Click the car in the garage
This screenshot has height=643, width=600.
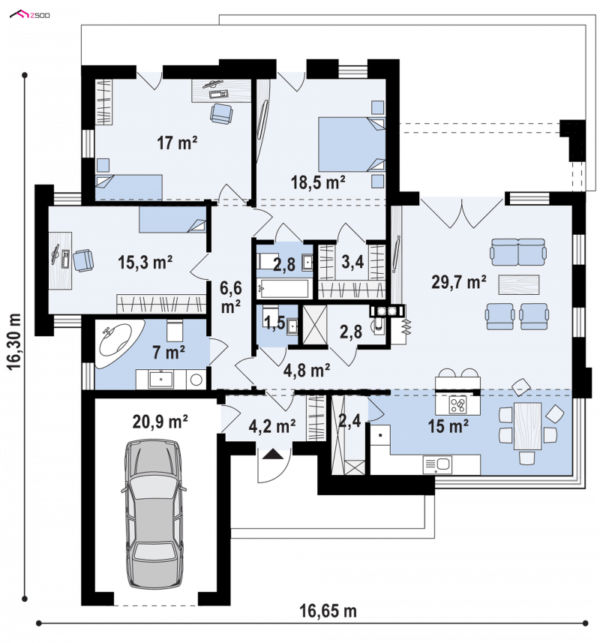153,514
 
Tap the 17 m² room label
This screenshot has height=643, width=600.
177,143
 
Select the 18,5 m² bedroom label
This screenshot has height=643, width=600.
318,182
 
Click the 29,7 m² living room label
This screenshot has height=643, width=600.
458,282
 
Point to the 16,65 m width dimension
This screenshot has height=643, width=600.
328,611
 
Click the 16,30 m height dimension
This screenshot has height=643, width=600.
15,342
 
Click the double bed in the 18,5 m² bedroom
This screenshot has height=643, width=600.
352,144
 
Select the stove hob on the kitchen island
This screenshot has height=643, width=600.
457,405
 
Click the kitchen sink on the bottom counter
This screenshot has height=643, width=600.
437,465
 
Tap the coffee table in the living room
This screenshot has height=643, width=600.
518,284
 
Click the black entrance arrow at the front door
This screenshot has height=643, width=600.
272,454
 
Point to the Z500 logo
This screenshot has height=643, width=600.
30,15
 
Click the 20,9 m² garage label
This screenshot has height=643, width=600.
160,421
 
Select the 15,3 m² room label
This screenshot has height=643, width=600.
145,263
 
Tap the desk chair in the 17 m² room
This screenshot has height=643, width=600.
221,113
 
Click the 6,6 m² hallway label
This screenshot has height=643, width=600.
231,297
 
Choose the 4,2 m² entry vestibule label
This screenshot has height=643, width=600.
271,426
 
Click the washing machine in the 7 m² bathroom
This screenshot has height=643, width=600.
196,380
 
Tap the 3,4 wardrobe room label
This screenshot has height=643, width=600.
352,262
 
